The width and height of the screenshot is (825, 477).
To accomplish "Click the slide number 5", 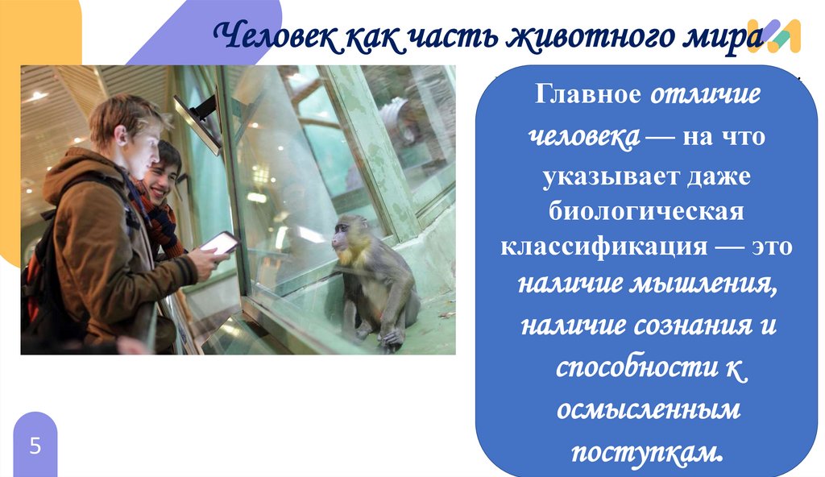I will (35, 446).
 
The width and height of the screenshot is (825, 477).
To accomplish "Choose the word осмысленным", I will (648, 409).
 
